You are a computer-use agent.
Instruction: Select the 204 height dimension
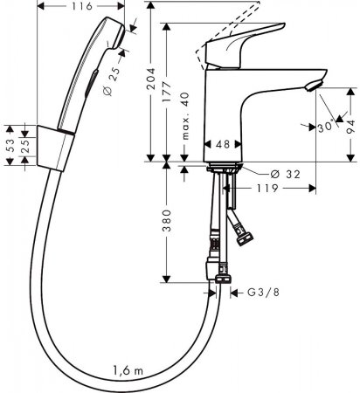[153, 86]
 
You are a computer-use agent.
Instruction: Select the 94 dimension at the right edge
[350, 122]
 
